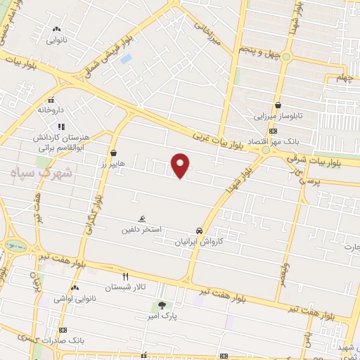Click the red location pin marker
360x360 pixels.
point(181,165)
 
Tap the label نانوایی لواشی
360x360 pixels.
point(74,299)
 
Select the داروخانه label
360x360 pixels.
point(52,110)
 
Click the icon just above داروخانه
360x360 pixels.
point(51,100)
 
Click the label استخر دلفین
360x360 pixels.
point(141,230)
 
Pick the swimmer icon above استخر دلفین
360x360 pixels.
point(143,219)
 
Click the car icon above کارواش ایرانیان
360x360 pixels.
point(200,230)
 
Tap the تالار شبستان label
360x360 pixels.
point(123,288)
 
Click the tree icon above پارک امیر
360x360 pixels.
point(163,305)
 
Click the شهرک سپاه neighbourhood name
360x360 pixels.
point(47,173)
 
